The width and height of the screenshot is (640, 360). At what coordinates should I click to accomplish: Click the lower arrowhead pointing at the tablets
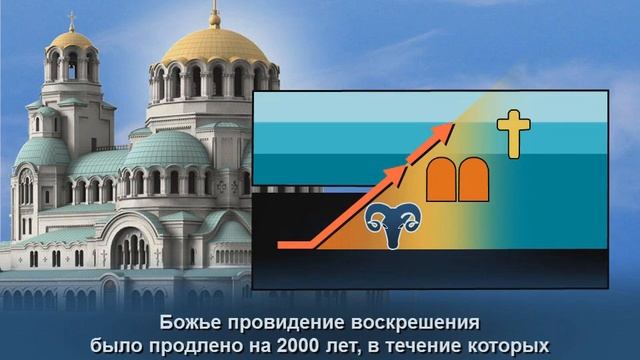(402, 171)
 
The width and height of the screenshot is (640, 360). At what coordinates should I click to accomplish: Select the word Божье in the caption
(188, 322)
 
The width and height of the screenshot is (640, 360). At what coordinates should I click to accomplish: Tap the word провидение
(278, 322)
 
